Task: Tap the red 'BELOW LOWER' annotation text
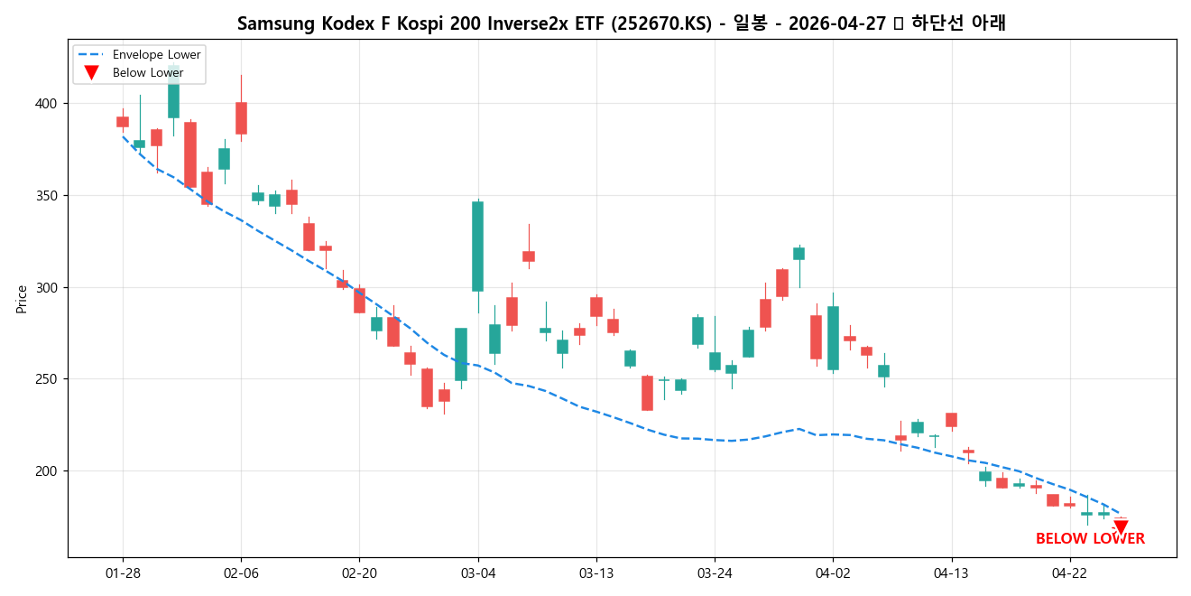[x=1090, y=539]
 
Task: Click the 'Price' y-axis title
[x=22, y=299]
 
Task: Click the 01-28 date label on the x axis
[x=123, y=573]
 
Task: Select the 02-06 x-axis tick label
[x=241, y=573]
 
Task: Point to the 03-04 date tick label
[x=477, y=573]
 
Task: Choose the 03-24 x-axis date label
[x=715, y=573]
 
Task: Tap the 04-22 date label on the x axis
[x=1069, y=573]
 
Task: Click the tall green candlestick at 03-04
[x=477, y=246]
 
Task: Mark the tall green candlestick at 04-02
[x=833, y=338]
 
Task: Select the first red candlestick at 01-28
[x=123, y=122]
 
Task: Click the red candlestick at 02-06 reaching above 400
[x=241, y=118]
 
